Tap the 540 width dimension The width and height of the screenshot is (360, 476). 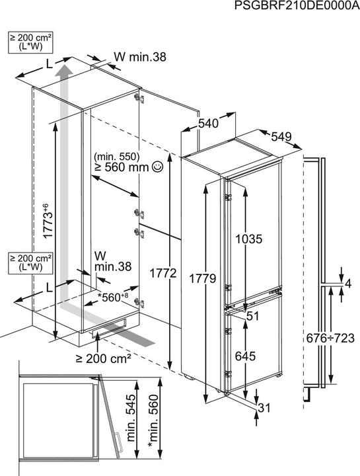point(208,124)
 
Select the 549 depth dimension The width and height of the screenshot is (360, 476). point(281,137)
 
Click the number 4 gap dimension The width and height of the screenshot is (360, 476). point(349,284)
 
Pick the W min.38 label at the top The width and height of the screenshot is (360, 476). point(139,58)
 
